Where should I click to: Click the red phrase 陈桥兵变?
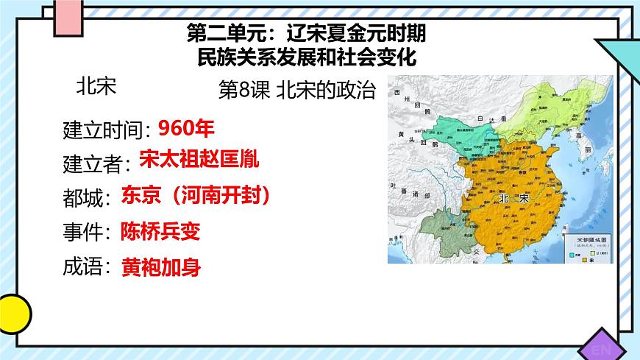click(x=161, y=231)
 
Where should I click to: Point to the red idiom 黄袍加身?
click(x=161, y=267)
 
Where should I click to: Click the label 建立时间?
click(x=104, y=130)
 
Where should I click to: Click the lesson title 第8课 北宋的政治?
click(x=297, y=91)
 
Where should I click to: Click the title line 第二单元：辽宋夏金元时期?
click(x=307, y=33)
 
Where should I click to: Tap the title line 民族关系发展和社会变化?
click(x=307, y=55)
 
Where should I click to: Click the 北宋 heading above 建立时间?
click(x=96, y=87)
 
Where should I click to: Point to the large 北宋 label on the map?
click(x=513, y=200)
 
